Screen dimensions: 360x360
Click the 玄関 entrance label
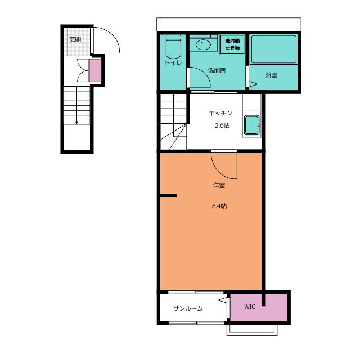pyautogui.click(x=75, y=39)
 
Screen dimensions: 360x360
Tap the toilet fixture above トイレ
pyautogui.click(x=173, y=47)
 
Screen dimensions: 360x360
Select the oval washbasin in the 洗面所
pyautogui.click(x=203, y=44)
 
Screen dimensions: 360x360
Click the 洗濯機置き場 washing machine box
pyautogui.click(x=232, y=44)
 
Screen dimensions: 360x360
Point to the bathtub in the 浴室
pyautogui.click(x=273, y=49)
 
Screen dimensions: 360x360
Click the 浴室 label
pyautogui.click(x=271, y=75)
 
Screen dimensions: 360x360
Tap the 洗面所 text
pyautogui.click(x=217, y=70)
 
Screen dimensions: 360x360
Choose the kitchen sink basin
pyautogui.click(x=252, y=125)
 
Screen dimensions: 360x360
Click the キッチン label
pyautogui.click(x=220, y=113)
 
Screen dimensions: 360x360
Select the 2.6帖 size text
pyautogui.click(x=222, y=125)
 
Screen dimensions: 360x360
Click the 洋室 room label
pyautogui.click(x=219, y=185)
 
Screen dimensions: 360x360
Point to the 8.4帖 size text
pyautogui.click(x=219, y=206)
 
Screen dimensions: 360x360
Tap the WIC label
pyautogui.click(x=250, y=307)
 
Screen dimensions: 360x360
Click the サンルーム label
pyautogui.click(x=188, y=308)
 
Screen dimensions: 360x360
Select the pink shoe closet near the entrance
pyautogui.click(x=95, y=70)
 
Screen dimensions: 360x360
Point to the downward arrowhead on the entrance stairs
pyautogui.click(x=76, y=123)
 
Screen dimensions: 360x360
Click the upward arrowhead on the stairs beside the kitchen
pyautogui.click(x=173, y=95)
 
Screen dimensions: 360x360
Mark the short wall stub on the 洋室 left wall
pyautogui.click(x=168, y=195)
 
